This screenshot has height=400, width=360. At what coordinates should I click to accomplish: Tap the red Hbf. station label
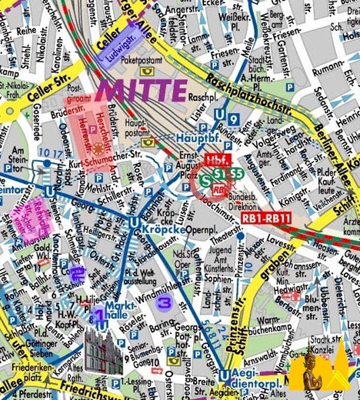coord(216,160)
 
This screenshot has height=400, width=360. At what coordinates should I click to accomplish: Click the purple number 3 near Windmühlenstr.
coord(162,303)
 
